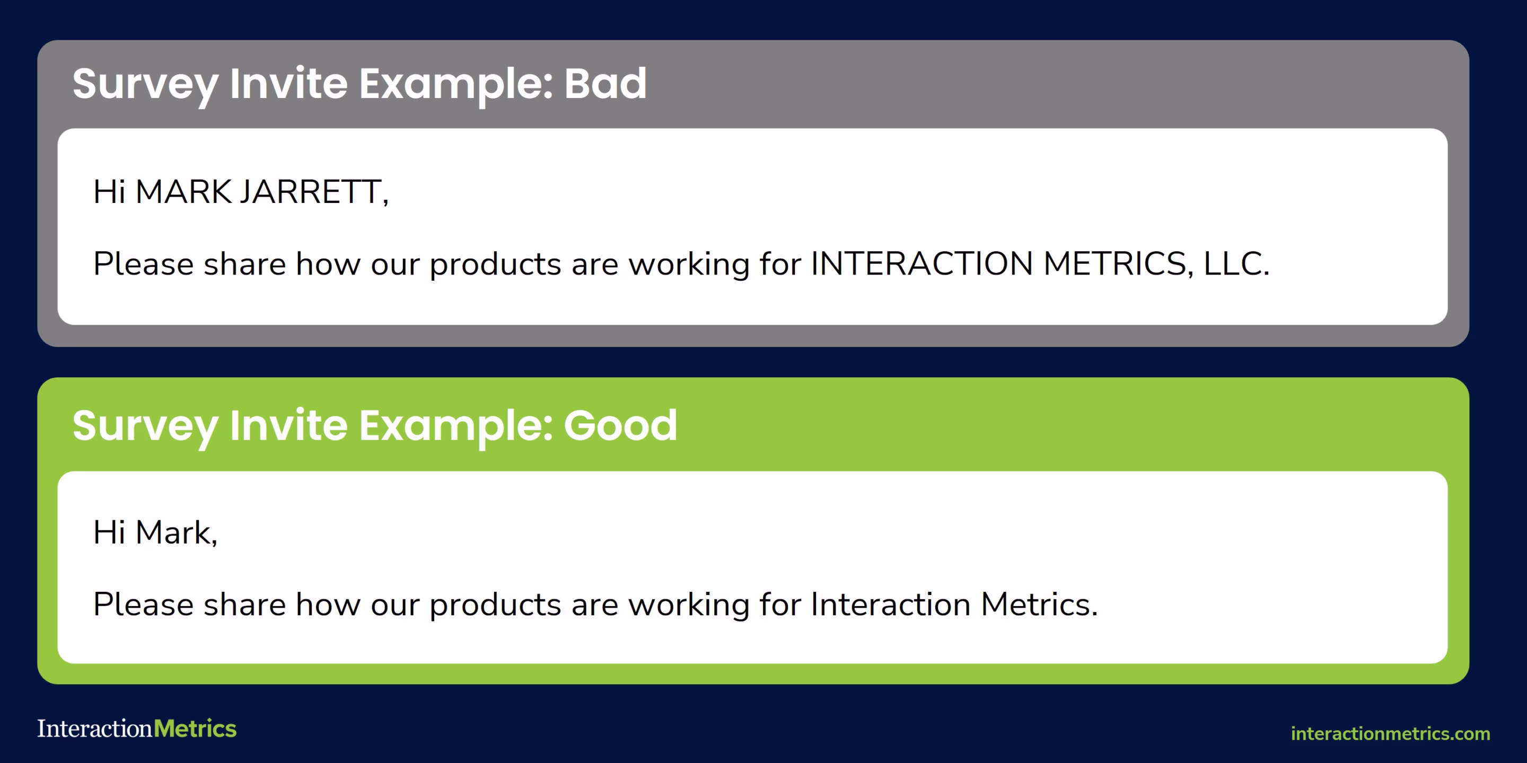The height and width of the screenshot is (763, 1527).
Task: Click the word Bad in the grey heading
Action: click(604, 84)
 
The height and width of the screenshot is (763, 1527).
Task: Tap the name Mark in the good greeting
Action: click(175, 533)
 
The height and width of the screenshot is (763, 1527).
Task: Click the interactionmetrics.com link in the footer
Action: click(1390, 733)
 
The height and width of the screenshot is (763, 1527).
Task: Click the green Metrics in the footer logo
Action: click(195, 729)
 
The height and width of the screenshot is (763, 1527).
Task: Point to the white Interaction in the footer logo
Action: click(95, 729)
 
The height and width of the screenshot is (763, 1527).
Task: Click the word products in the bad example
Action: click(495, 265)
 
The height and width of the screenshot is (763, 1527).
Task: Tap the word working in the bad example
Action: click(689, 265)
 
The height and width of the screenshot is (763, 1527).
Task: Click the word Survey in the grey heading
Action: click(145, 85)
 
